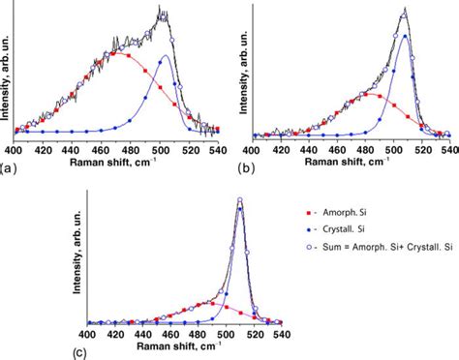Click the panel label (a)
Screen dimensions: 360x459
[x=8, y=167]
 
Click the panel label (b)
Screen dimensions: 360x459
[x=248, y=167]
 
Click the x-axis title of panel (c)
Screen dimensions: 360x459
[x=185, y=346]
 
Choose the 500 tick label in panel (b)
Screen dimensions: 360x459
[x=393, y=149]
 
